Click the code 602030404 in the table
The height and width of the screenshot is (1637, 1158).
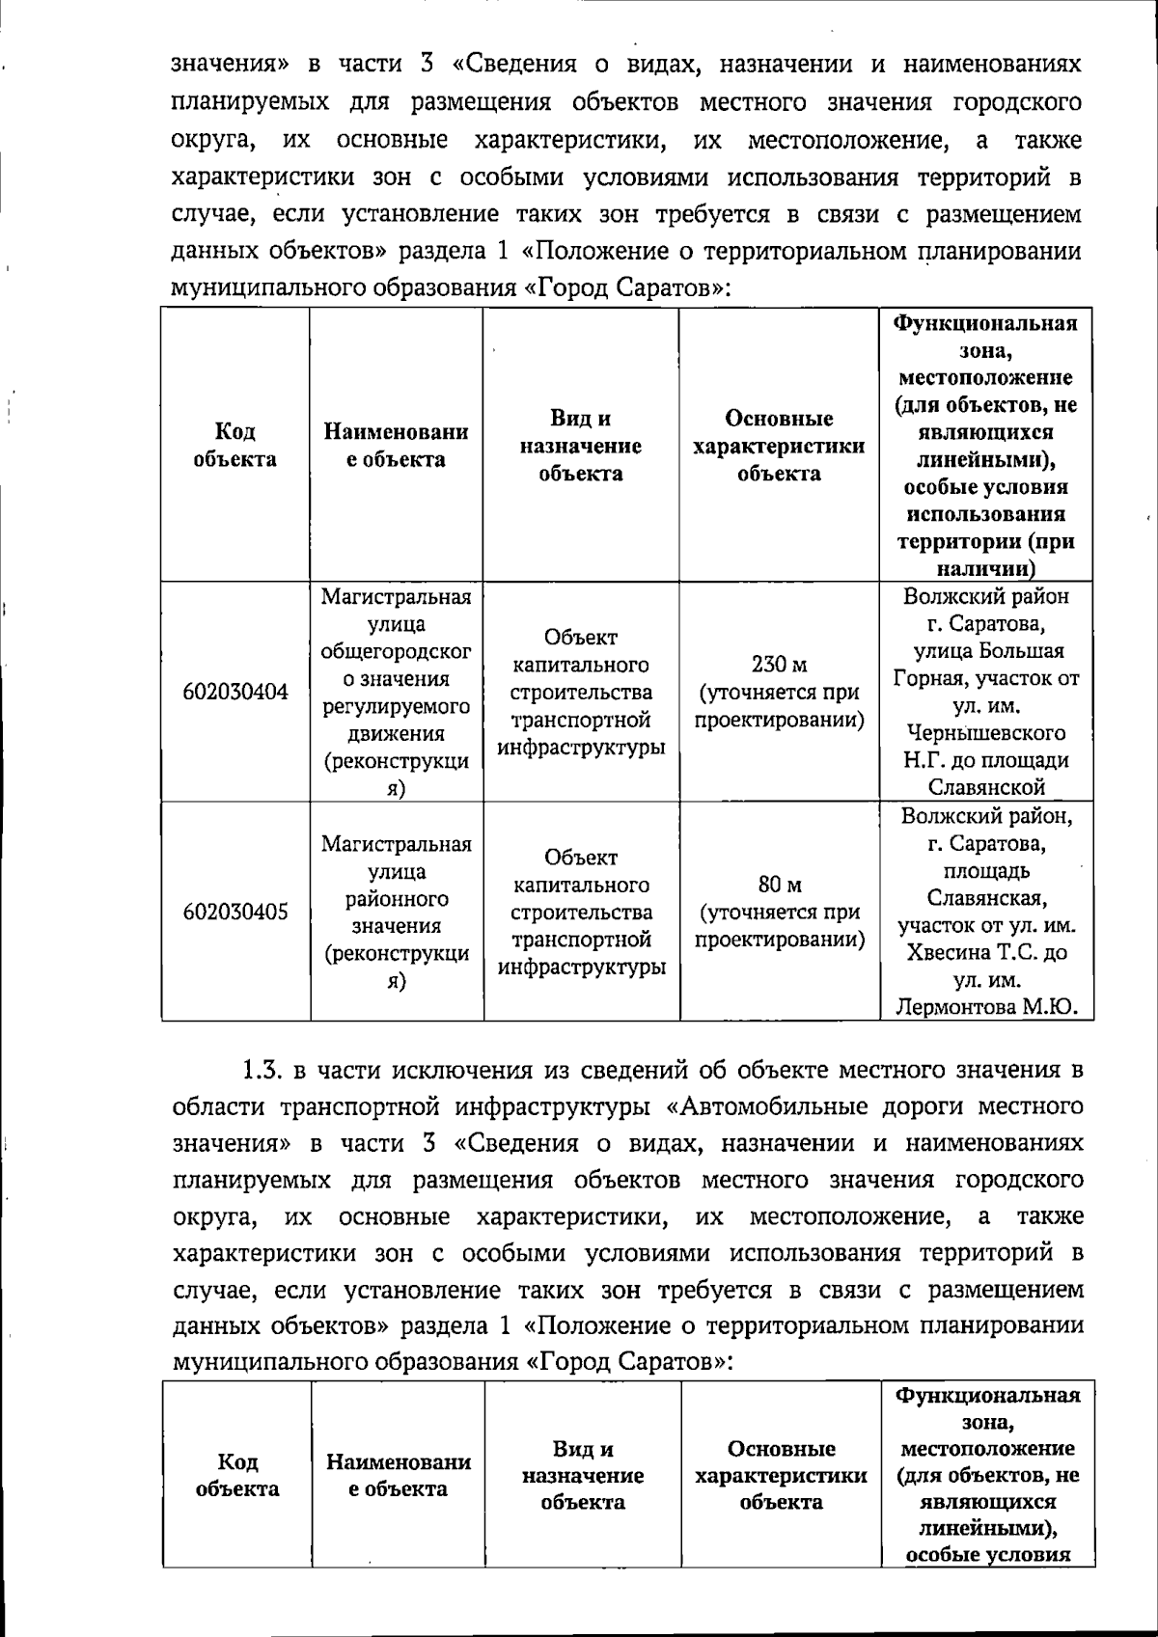click(235, 692)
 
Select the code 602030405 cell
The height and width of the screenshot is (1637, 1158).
click(235, 912)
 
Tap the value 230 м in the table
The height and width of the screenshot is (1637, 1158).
click(779, 665)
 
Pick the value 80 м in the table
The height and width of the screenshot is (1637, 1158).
click(779, 885)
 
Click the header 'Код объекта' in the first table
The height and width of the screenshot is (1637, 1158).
click(234, 446)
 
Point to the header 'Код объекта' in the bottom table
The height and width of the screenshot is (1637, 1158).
click(236, 1475)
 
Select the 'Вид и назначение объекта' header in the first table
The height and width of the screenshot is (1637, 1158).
click(580, 446)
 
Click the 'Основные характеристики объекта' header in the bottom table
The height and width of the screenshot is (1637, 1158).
click(781, 1475)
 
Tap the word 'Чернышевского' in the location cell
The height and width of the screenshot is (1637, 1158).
click(986, 733)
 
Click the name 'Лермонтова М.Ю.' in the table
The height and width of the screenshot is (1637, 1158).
click(986, 1008)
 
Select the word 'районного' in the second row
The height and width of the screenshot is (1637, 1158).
click(397, 899)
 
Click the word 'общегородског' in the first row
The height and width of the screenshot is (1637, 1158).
click(397, 652)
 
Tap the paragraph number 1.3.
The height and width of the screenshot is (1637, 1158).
click(261, 1070)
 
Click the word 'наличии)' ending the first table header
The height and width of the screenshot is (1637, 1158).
click(986, 568)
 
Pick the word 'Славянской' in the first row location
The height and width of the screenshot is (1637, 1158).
click(986, 787)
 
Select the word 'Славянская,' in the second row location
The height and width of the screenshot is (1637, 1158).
click(986, 899)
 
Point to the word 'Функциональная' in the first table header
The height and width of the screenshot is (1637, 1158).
click(986, 323)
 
